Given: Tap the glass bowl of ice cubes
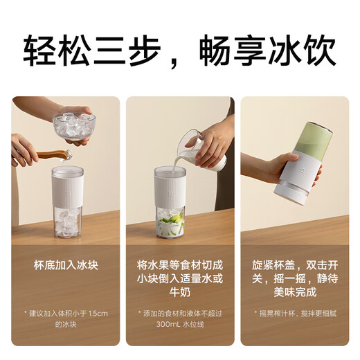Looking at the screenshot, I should pyautogui.click(x=73, y=125).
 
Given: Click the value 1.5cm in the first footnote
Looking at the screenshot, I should pyautogui.click(x=98, y=313).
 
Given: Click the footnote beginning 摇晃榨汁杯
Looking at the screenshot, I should pyautogui.click(x=294, y=313).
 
